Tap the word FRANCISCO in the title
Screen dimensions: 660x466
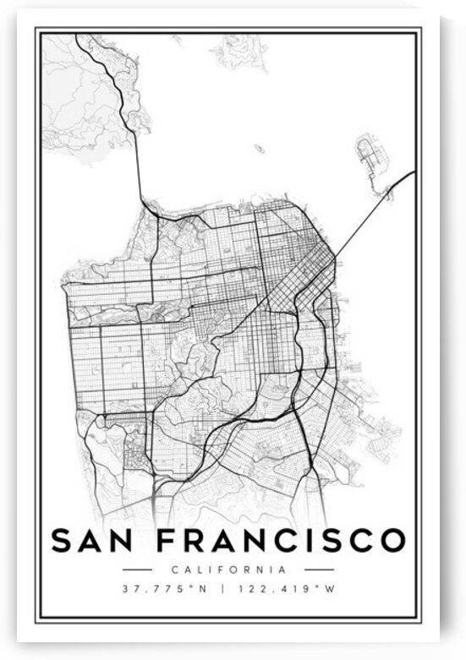(x=284, y=539)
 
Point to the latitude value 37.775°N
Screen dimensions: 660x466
(x=164, y=589)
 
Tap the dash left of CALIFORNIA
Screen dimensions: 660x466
(x=137, y=569)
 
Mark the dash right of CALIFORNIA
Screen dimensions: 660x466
(x=318, y=569)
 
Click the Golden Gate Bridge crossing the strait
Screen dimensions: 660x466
(x=139, y=169)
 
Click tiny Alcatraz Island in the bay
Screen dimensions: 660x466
(x=260, y=149)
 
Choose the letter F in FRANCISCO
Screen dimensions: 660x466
(x=170, y=539)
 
